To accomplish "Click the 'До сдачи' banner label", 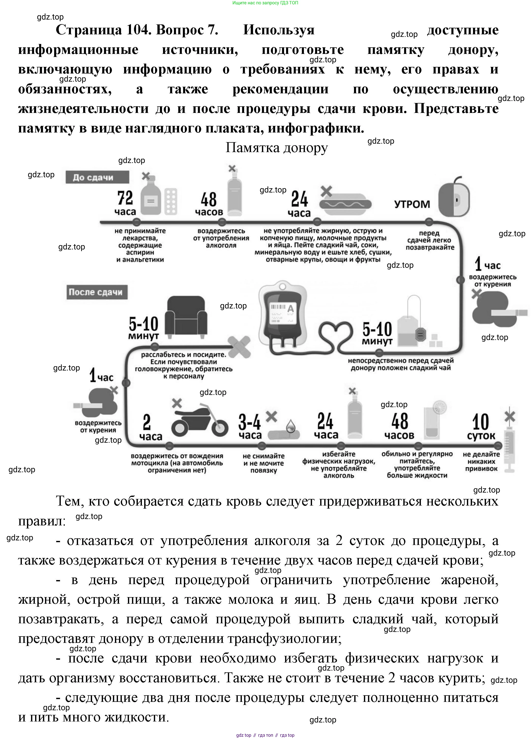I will pos(97,177).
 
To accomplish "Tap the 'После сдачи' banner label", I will pos(97,292).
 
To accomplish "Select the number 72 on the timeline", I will pos(125,198).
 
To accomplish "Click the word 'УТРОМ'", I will pos(412,204).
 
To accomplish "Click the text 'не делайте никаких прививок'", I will pos(481,461).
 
